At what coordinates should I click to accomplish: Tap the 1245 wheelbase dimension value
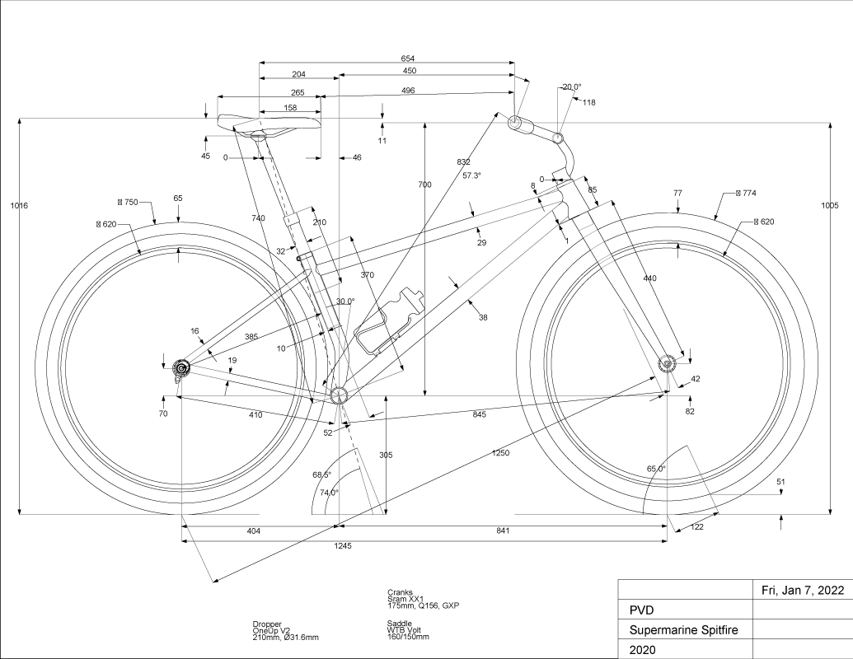point(340,546)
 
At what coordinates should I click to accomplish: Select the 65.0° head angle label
point(656,469)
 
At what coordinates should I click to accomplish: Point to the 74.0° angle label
point(329,493)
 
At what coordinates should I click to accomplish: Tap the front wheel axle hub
point(667,363)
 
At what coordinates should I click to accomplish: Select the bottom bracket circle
point(338,396)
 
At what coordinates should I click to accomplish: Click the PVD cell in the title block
point(643,610)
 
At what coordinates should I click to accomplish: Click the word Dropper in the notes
point(268,624)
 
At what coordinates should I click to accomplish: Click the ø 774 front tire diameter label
point(745,193)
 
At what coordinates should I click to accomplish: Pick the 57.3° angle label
point(471,175)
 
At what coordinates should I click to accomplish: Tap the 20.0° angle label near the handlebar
point(572,86)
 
